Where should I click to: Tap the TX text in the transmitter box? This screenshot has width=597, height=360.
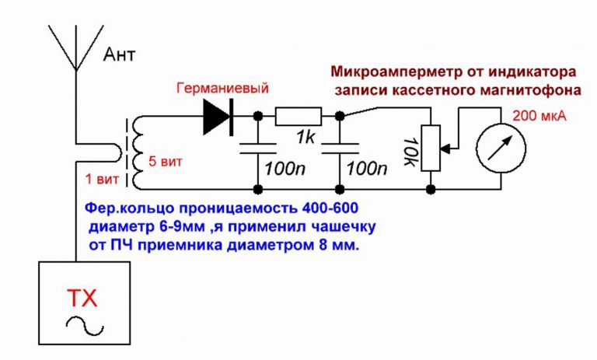83,299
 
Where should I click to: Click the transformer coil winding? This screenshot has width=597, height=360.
137,152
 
